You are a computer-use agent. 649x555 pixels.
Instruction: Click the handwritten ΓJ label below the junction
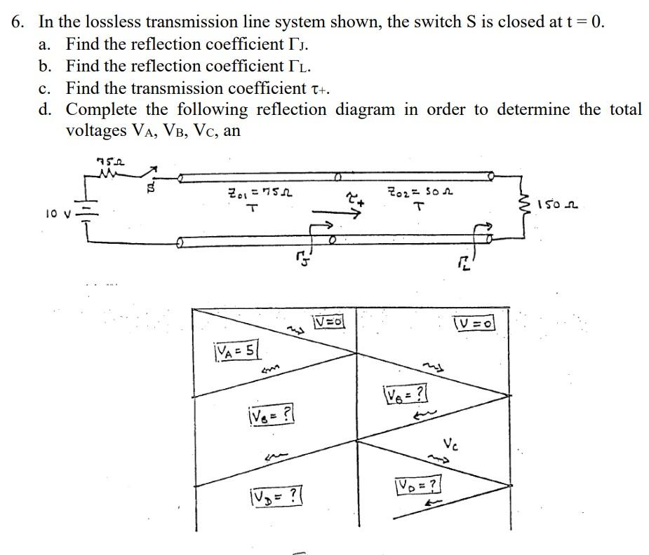(x=299, y=261)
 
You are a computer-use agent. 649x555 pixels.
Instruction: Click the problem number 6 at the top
(x=17, y=21)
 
